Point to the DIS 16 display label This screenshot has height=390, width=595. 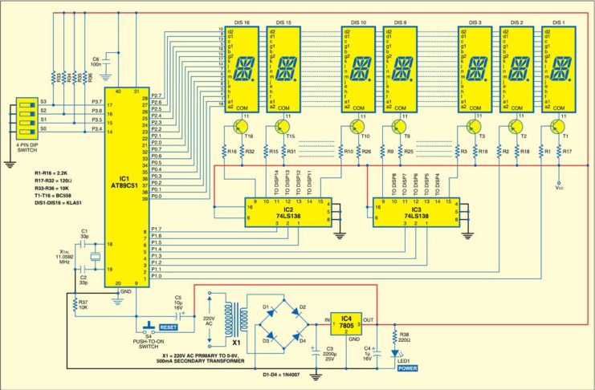click(241, 21)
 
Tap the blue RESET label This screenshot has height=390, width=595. click(167, 327)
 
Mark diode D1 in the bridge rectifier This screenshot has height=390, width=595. click(267, 310)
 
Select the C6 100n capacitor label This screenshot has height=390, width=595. click(99, 62)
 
